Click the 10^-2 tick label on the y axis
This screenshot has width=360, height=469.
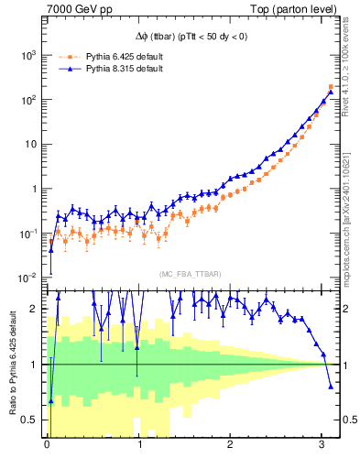point(28,278)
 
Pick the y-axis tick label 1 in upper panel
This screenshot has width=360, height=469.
point(35,189)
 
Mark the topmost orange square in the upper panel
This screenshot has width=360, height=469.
point(331,87)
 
